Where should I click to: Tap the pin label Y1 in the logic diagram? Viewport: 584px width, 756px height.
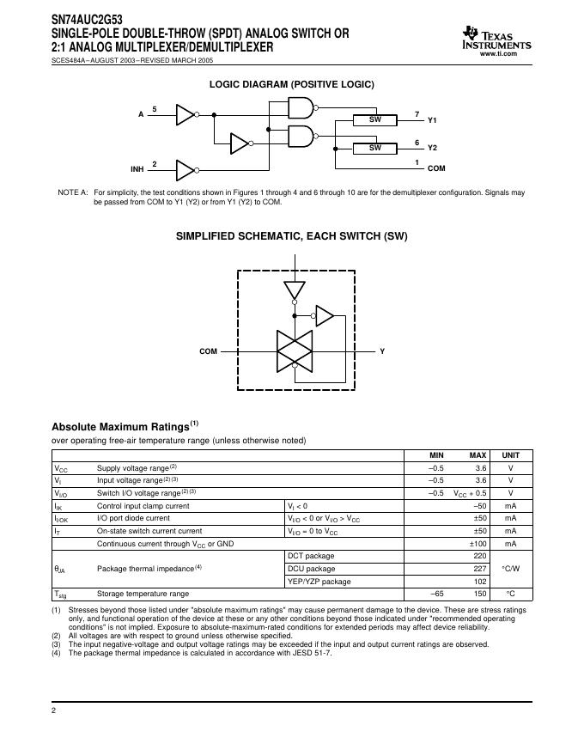click(432, 120)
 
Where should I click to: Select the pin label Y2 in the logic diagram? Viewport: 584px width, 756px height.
click(432, 148)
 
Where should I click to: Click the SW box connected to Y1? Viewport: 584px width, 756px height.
click(374, 120)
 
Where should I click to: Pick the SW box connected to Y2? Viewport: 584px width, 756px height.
click(374, 148)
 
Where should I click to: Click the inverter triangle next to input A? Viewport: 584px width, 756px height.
click(186, 114)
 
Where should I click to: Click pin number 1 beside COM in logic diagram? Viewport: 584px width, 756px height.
click(417, 162)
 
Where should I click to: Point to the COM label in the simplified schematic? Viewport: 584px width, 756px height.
click(208, 351)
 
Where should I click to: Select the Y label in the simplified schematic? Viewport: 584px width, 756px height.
click(382, 351)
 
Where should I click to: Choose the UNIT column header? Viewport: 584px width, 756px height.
click(510, 455)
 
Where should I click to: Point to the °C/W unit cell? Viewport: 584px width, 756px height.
click(510, 569)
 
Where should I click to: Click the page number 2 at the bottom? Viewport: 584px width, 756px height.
click(54, 711)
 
